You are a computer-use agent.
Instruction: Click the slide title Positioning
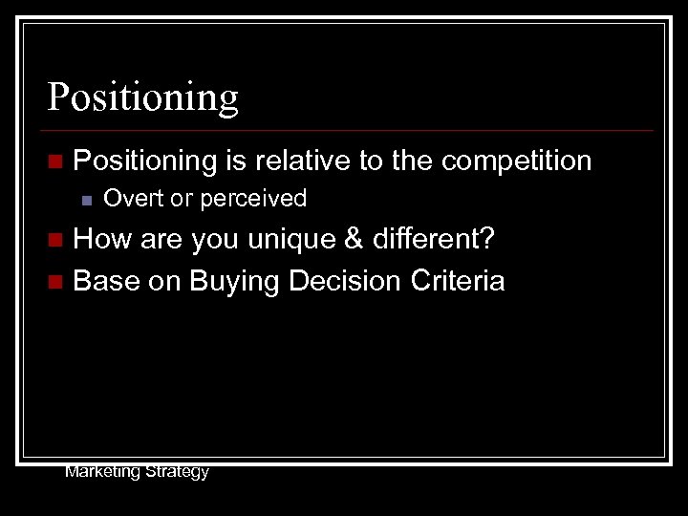click(143, 97)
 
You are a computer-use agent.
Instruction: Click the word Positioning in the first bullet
click(145, 161)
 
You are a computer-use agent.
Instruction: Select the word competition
click(516, 161)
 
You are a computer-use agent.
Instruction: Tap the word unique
click(286, 240)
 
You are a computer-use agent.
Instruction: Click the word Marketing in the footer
click(102, 471)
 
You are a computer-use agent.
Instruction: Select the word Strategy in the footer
click(178, 472)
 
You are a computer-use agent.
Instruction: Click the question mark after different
click(487, 239)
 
